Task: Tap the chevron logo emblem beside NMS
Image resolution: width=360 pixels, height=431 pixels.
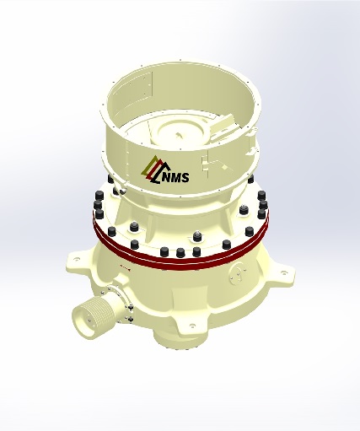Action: [152, 170]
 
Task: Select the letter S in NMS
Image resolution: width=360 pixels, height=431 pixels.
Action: [185, 177]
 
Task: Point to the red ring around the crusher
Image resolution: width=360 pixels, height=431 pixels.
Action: [180, 255]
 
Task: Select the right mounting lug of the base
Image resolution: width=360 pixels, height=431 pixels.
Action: [282, 272]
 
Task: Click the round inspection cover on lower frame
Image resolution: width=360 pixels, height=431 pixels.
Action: [237, 273]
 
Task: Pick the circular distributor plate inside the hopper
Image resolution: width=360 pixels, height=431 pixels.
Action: [179, 133]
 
